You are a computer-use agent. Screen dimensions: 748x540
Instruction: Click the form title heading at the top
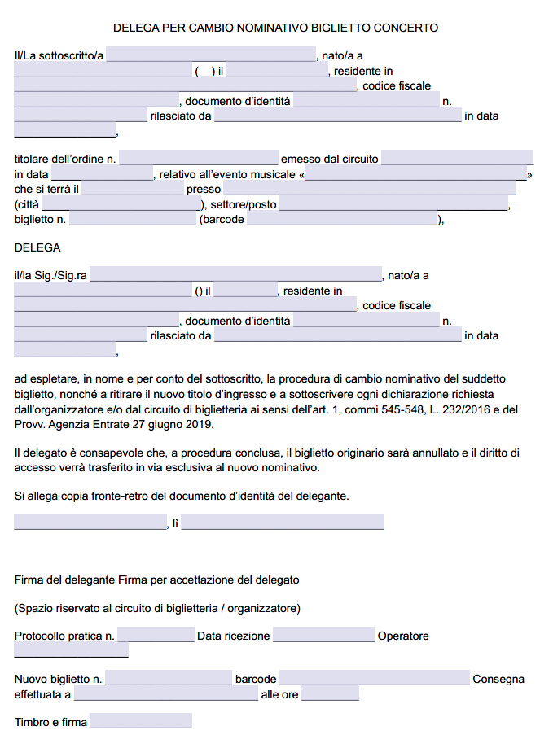275,28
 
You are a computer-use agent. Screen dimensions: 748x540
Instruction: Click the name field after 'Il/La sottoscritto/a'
211,55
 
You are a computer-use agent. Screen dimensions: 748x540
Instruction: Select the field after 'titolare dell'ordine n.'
199,159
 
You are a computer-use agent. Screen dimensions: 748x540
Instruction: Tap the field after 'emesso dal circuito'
457,159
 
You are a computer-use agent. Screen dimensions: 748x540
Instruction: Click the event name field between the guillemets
416,174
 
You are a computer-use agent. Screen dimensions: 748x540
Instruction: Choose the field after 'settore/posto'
393,204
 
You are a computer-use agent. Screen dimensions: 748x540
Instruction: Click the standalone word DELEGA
37,247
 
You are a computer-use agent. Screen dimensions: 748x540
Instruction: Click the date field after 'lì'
283,523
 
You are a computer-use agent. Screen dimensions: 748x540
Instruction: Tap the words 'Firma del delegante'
64,580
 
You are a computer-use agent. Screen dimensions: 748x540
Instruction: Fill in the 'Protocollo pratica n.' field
156,636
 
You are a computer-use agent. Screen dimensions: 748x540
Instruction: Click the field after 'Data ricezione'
323,636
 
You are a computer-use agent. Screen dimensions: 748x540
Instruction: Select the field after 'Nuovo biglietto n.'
169,679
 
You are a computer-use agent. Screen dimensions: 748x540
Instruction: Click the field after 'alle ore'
330,694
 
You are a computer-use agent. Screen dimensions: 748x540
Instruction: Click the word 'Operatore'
403,636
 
